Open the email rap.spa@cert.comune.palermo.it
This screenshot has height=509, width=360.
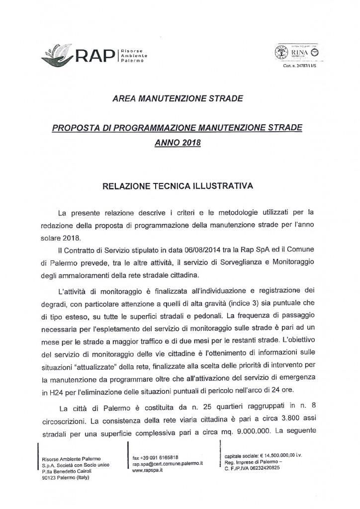tap(168, 462)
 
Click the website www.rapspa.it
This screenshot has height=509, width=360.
tap(147, 468)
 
